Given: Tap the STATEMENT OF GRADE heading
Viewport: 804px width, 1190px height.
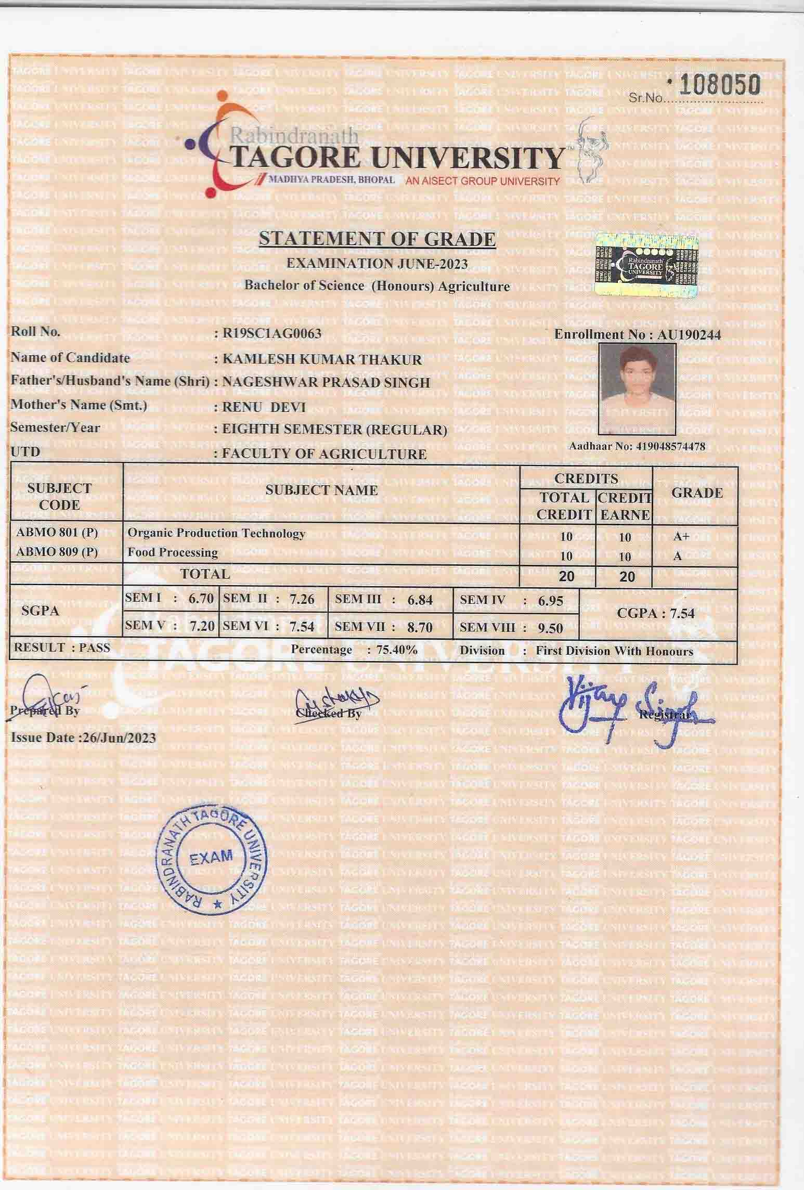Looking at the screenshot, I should click(377, 239).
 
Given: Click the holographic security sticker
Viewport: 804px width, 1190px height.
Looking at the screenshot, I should click(646, 265).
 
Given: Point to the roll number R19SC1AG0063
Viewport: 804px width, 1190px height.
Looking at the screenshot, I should click(271, 333).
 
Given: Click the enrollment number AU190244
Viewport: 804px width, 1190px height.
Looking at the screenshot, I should click(689, 335).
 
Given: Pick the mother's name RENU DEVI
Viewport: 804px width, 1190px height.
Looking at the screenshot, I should click(264, 407).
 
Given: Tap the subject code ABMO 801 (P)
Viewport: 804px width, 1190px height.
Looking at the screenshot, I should click(57, 533).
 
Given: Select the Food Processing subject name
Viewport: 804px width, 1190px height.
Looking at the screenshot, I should click(173, 552).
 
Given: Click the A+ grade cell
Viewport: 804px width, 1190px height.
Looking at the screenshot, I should click(681, 536).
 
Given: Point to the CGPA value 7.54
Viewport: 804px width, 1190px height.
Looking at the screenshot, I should click(682, 614).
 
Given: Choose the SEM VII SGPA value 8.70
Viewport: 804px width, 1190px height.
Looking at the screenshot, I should click(420, 628).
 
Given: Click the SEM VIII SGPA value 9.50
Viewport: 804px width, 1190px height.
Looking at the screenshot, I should click(550, 628).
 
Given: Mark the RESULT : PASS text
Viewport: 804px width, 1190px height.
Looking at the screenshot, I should click(62, 648).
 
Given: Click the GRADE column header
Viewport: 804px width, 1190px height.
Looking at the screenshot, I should click(697, 493).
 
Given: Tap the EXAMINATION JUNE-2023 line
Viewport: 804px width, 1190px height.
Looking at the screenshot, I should click(377, 264).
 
